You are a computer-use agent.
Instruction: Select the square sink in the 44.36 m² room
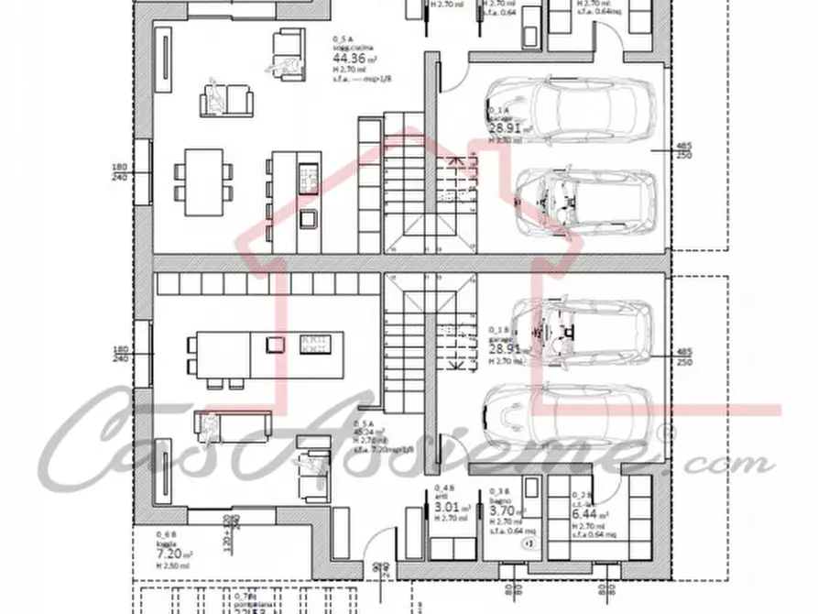point(309,218)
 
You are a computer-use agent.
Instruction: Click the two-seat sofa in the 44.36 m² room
point(226,98)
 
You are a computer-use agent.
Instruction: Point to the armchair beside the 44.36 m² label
point(287,47)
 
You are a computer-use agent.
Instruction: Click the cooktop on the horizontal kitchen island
point(314,344)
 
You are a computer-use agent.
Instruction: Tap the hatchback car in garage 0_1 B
point(582,331)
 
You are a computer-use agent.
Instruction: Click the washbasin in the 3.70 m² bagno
point(529,543)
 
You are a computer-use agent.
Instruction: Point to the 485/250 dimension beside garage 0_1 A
point(683,150)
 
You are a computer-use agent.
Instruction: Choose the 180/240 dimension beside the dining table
point(117,174)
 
